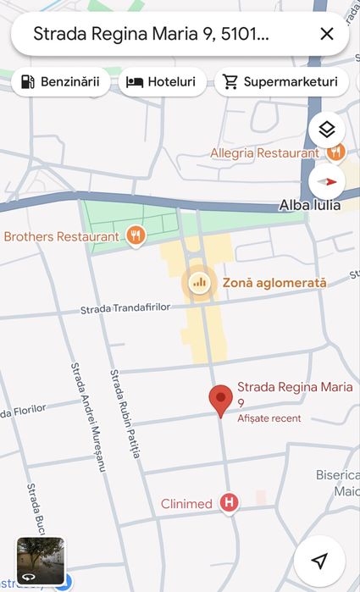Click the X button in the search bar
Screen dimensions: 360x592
coord(327,35)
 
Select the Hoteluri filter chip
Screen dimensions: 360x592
coord(161,82)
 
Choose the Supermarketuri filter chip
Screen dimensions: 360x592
coord(281,82)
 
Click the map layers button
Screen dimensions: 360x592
coord(328,130)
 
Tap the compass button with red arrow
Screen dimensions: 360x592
coord(328,181)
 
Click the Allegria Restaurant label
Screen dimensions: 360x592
coord(264,153)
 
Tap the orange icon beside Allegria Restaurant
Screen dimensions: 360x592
coord(335,152)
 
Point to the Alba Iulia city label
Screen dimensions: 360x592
coord(309,205)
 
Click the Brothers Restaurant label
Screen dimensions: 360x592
coord(61,236)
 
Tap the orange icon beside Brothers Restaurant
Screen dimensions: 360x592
coord(135,235)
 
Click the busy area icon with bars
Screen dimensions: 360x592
coord(199,283)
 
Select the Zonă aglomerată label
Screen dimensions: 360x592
coord(274,283)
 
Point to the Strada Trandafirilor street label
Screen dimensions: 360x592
coord(125,309)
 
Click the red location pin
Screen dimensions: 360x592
coord(221,400)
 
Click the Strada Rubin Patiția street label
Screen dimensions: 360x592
coord(125,413)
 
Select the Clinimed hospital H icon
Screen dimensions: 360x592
coord(228,503)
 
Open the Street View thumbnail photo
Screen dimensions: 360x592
coord(41,562)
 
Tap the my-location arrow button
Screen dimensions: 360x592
coord(319,561)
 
